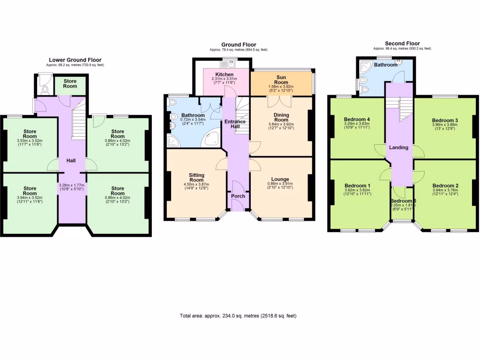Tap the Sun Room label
click(281, 79)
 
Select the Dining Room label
click(281, 117)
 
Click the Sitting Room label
click(196, 177)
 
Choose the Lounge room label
click(280, 179)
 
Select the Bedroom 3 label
click(445, 120)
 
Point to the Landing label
click(399, 148)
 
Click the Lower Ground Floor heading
click(75, 60)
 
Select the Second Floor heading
click(402, 43)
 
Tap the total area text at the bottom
click(238, 316)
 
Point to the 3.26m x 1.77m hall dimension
click(71, 187)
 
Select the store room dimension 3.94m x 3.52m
click(30, 198)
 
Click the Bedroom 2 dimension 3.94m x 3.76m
click(445, 191)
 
